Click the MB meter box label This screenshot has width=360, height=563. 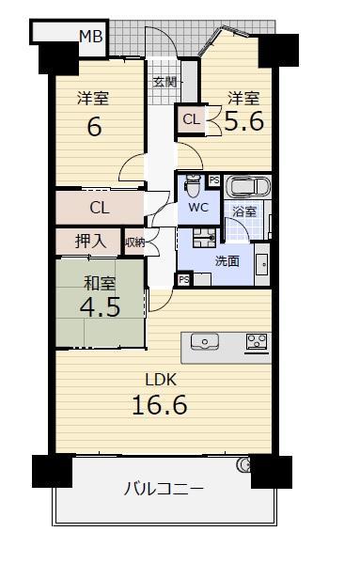point(91,37)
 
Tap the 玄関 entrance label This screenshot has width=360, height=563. point(164,82)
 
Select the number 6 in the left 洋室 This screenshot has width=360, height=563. point(94,127)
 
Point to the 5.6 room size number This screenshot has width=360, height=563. point(244,121)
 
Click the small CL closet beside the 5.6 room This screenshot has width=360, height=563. point(192,119)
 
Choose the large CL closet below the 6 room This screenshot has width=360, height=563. point(100,208)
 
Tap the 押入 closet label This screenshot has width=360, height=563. point(90,242)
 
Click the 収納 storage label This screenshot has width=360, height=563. point(135,243)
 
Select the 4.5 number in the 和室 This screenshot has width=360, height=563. point(100,307)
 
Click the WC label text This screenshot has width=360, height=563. point(198,208)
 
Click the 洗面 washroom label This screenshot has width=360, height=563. point(227,261)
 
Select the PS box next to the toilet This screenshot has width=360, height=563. point(214,180)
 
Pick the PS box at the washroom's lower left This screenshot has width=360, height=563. point(184,280)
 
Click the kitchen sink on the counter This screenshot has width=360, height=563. point(205,341)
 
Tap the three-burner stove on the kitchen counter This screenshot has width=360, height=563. point(257,342)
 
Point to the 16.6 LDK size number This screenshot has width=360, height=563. point(160,405)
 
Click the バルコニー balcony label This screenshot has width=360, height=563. point(164,489)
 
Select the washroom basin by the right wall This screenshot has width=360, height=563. point(262,265)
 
